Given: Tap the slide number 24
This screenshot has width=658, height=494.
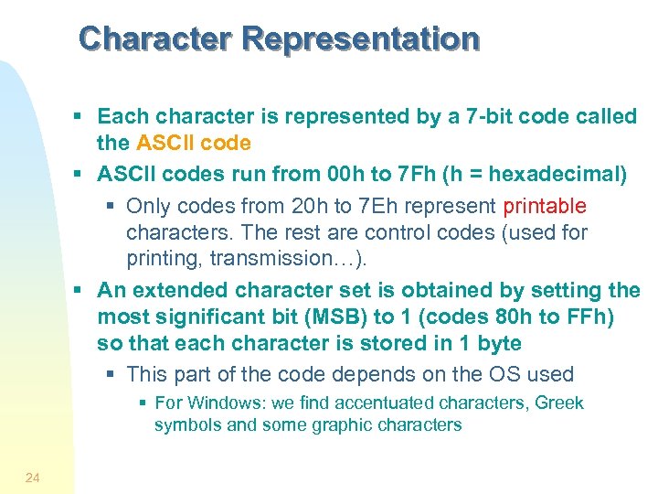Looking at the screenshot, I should (x=33, y=477).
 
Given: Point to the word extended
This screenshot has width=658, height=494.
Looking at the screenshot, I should (x=177, y=290).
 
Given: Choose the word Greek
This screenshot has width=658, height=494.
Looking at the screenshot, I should (x=559, y=403).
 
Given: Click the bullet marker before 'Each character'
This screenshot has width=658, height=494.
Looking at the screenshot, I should (x=80, y=116).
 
